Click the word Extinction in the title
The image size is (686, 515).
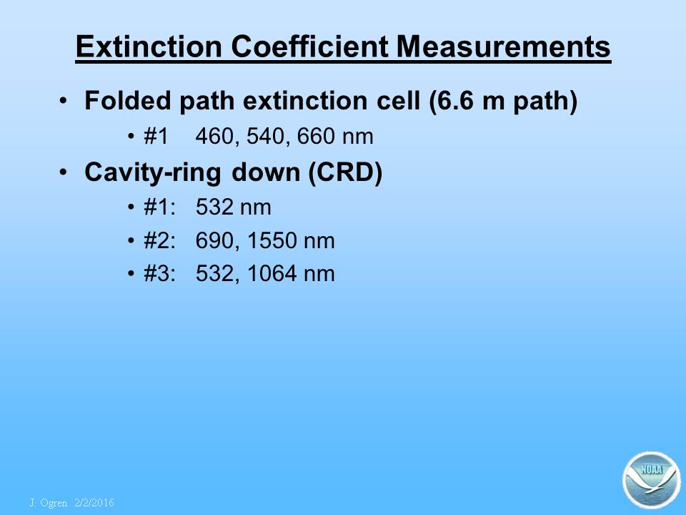click(149, 46)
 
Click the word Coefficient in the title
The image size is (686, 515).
click(309, 46)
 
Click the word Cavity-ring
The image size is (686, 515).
click(153, 172)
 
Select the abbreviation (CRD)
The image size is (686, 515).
click(345, 172)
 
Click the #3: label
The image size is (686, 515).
click(159, 274)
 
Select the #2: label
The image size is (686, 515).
click(159, 240)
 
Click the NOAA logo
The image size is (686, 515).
click(652, 480)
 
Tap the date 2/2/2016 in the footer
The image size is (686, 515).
click(94, 503)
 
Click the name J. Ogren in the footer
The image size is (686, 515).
click(49, 503)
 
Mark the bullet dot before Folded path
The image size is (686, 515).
click(64, 101)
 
